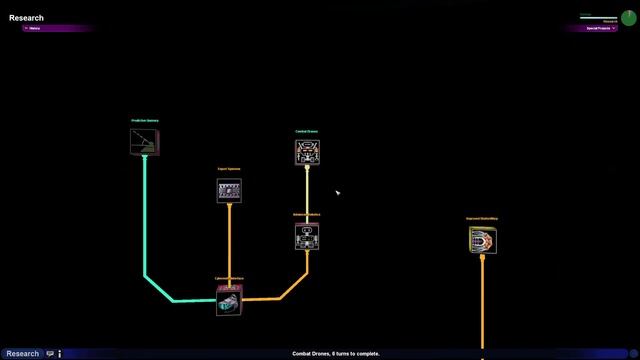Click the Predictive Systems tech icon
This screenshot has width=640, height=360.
point(144,141)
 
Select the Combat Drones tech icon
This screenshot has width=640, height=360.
point(307,151)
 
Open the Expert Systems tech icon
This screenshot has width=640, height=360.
point(229,190)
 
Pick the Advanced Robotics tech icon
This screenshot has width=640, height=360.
point(307,236)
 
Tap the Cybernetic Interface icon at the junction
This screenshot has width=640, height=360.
point(229,299)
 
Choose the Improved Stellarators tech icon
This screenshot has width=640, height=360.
point(482,240)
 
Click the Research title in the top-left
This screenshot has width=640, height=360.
point(26,18)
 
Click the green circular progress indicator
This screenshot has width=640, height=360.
point(627,18)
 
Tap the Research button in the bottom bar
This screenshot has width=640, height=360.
point(22,353)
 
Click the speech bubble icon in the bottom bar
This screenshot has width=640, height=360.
point(50,353)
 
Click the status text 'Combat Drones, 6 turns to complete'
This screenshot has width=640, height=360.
point(336,353)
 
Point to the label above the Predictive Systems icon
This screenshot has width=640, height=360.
point(144,121)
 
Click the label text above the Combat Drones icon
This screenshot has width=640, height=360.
point(307,131)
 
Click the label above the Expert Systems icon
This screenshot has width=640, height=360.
point(229,169)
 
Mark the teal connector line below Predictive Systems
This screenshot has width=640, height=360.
point(144,220)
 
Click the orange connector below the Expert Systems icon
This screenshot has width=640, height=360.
point(229,245)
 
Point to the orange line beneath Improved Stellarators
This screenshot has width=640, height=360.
point(482,300)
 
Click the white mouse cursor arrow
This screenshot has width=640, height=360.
point(337,192)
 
